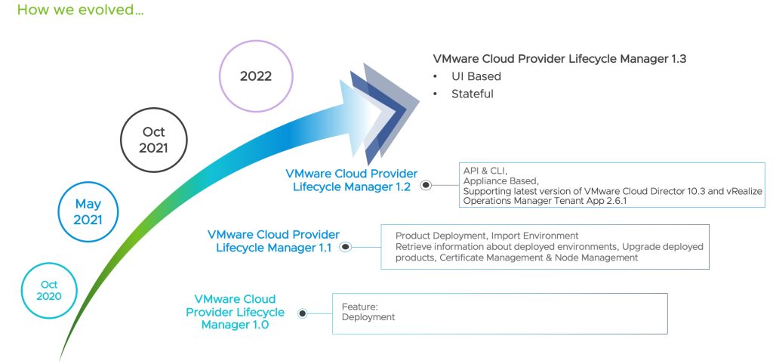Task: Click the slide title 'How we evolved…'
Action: (x=80, y=11)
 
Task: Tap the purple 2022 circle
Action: (x=255, y=76)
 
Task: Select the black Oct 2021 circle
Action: (x=153, y=140)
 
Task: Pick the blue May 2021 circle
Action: (x=88, y=211)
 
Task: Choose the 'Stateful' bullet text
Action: (x=472, y=94)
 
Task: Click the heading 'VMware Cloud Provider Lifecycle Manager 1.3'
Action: (x=559, y=58)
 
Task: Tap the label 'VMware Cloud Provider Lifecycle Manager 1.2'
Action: (x=351, y=180)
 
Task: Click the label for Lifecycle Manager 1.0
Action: (x=235, y=311)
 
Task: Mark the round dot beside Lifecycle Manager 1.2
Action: (x=426, y=185)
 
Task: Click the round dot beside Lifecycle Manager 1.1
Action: (x=346, y=246)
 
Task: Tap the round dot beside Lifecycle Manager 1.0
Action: (x=302, y=313)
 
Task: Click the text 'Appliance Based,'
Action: (x=500, y=181)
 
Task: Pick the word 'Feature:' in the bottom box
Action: (x=359, y=307)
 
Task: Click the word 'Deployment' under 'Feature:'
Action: (x=368, y=317)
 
